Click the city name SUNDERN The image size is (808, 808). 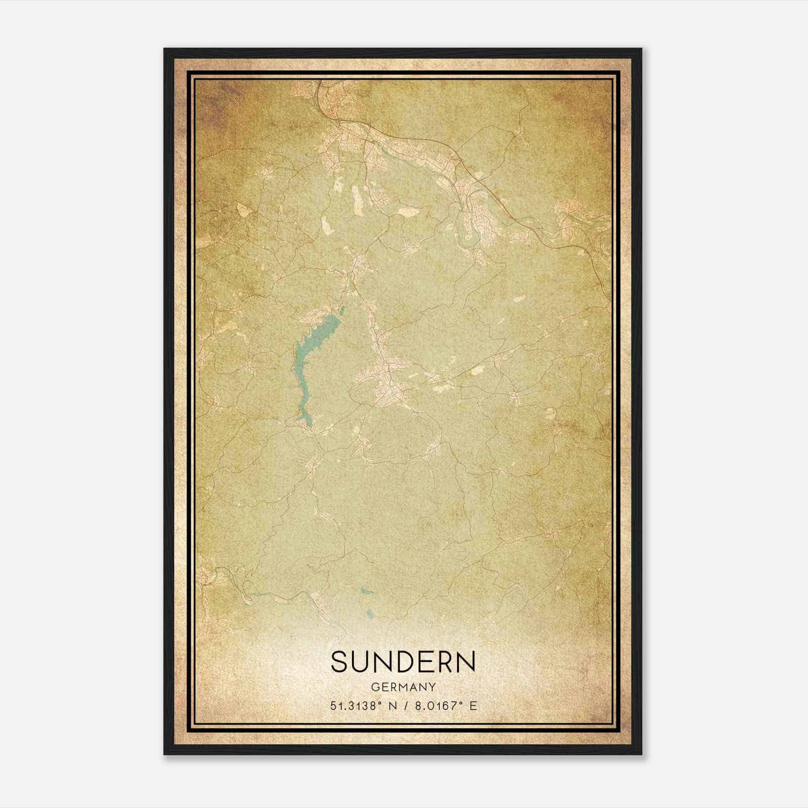(x=403, y=662)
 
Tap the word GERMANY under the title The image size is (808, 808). (x=403, y=687)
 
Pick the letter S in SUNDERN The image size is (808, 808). (x=339, y=662)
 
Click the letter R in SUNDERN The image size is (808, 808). (x=445, y=662)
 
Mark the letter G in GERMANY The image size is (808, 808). (x=375, y=687)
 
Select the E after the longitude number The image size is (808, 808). (x=473, y=706)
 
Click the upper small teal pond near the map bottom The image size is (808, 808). (x=368, y=591)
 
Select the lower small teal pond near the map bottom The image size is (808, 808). (x=371, y=614)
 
